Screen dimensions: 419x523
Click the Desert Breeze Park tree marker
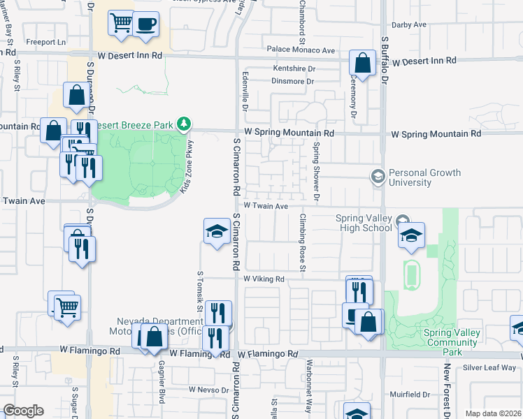click(184, 124)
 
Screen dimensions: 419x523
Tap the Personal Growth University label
click(424, 178)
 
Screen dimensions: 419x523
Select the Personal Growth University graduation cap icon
click(378, 176)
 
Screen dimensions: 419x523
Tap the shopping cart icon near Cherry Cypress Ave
click(121, 24)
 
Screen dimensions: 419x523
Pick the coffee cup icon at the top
click(145, 24)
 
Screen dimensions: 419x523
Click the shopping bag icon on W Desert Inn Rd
click(363, 63)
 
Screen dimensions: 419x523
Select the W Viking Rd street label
click(263, 279)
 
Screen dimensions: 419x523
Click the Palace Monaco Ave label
click(301, 50)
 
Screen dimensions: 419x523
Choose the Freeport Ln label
click(45, 42)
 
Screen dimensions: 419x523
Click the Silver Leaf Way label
click(489, 367)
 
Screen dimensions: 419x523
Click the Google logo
click(23, 411)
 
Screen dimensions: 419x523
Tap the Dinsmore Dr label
click(278, 82)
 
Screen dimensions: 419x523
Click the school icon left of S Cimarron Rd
click(217, 231)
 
